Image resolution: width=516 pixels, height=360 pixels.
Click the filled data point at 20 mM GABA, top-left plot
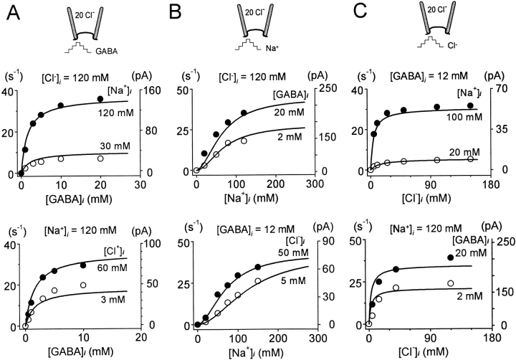point(100,99)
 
